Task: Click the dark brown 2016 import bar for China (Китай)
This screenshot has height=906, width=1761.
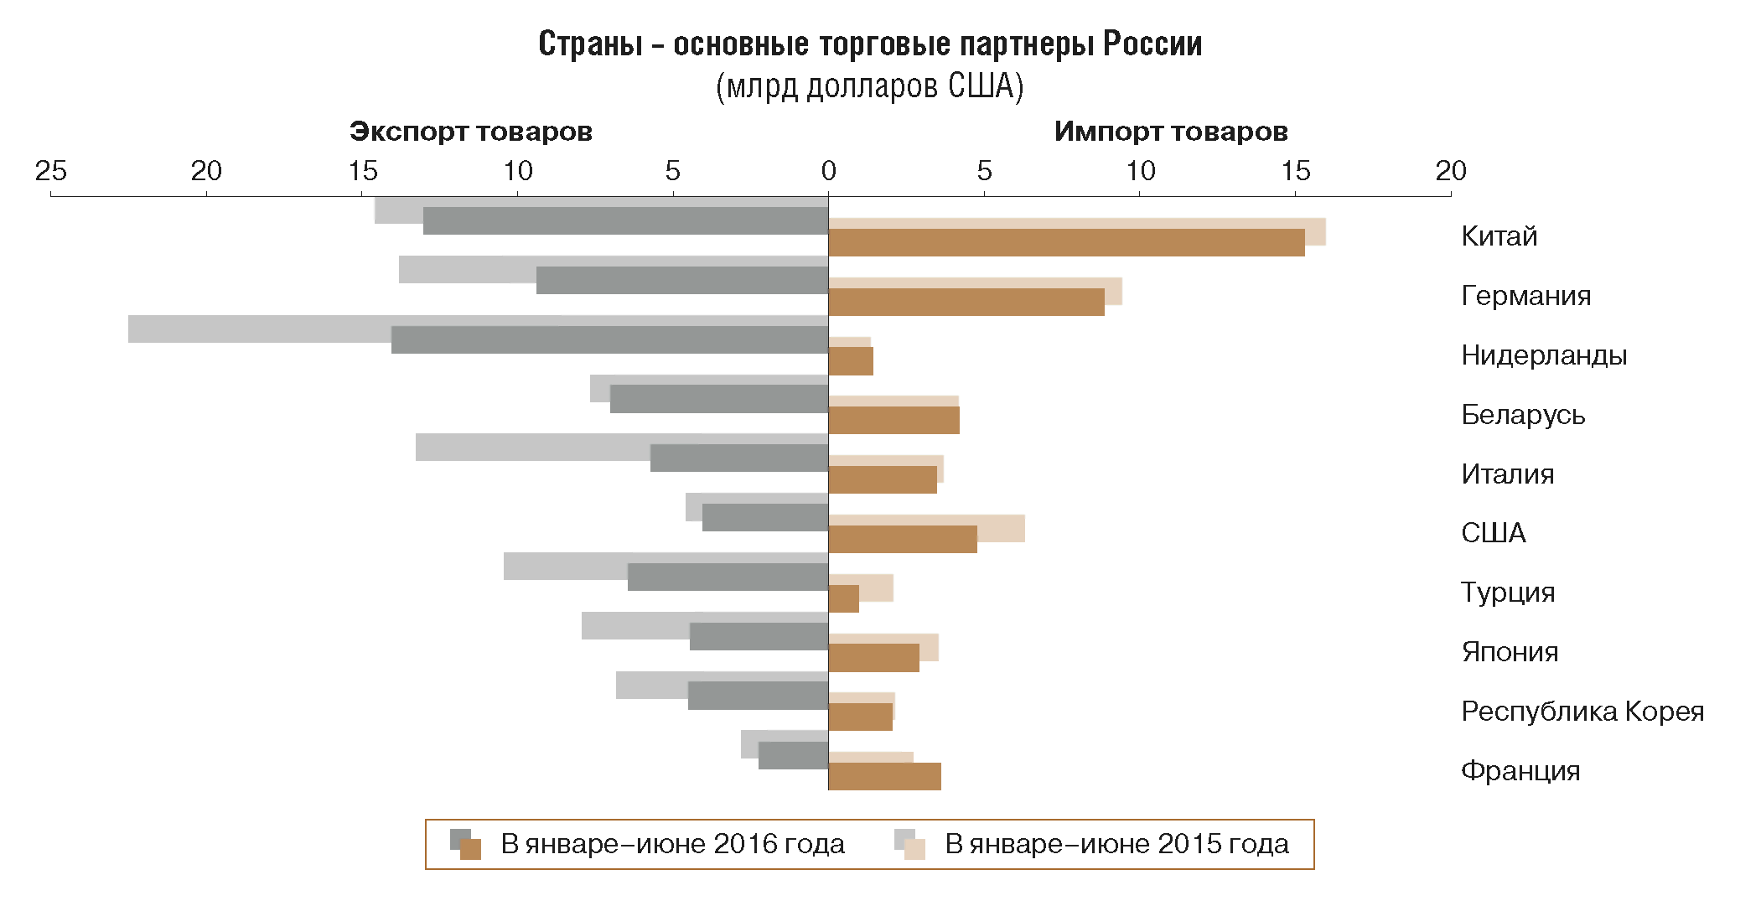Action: [1066, 243]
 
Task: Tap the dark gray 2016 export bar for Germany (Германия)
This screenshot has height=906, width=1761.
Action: [682, 281]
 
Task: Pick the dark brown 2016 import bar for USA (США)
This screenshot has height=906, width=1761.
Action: [903, 540]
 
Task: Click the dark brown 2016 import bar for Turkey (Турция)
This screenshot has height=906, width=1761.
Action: [844, 599]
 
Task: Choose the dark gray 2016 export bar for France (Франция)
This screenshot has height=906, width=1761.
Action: [793, 756]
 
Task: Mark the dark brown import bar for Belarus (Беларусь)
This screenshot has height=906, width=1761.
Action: [893, 421]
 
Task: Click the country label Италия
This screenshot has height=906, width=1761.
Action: [1507, 474]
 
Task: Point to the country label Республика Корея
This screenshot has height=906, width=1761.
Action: [1582, 712]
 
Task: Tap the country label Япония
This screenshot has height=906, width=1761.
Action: [1509, 652]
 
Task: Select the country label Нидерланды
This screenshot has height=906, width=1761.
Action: [1543, 355]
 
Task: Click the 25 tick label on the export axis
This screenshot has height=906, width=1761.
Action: [51, 171]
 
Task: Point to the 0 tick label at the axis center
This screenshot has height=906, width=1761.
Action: [828, 171]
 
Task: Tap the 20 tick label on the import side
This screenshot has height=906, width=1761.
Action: [1450, 171]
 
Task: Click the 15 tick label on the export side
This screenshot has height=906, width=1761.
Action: [362, 171]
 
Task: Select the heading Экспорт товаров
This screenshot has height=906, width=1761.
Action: [470, 132]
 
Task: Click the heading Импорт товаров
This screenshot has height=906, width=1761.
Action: [1170, 132]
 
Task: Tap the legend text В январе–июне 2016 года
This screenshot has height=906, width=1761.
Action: [672, 844]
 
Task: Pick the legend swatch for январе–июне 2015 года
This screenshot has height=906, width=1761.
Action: [909, 845]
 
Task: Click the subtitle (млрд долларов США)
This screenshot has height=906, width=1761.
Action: [869, 86]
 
